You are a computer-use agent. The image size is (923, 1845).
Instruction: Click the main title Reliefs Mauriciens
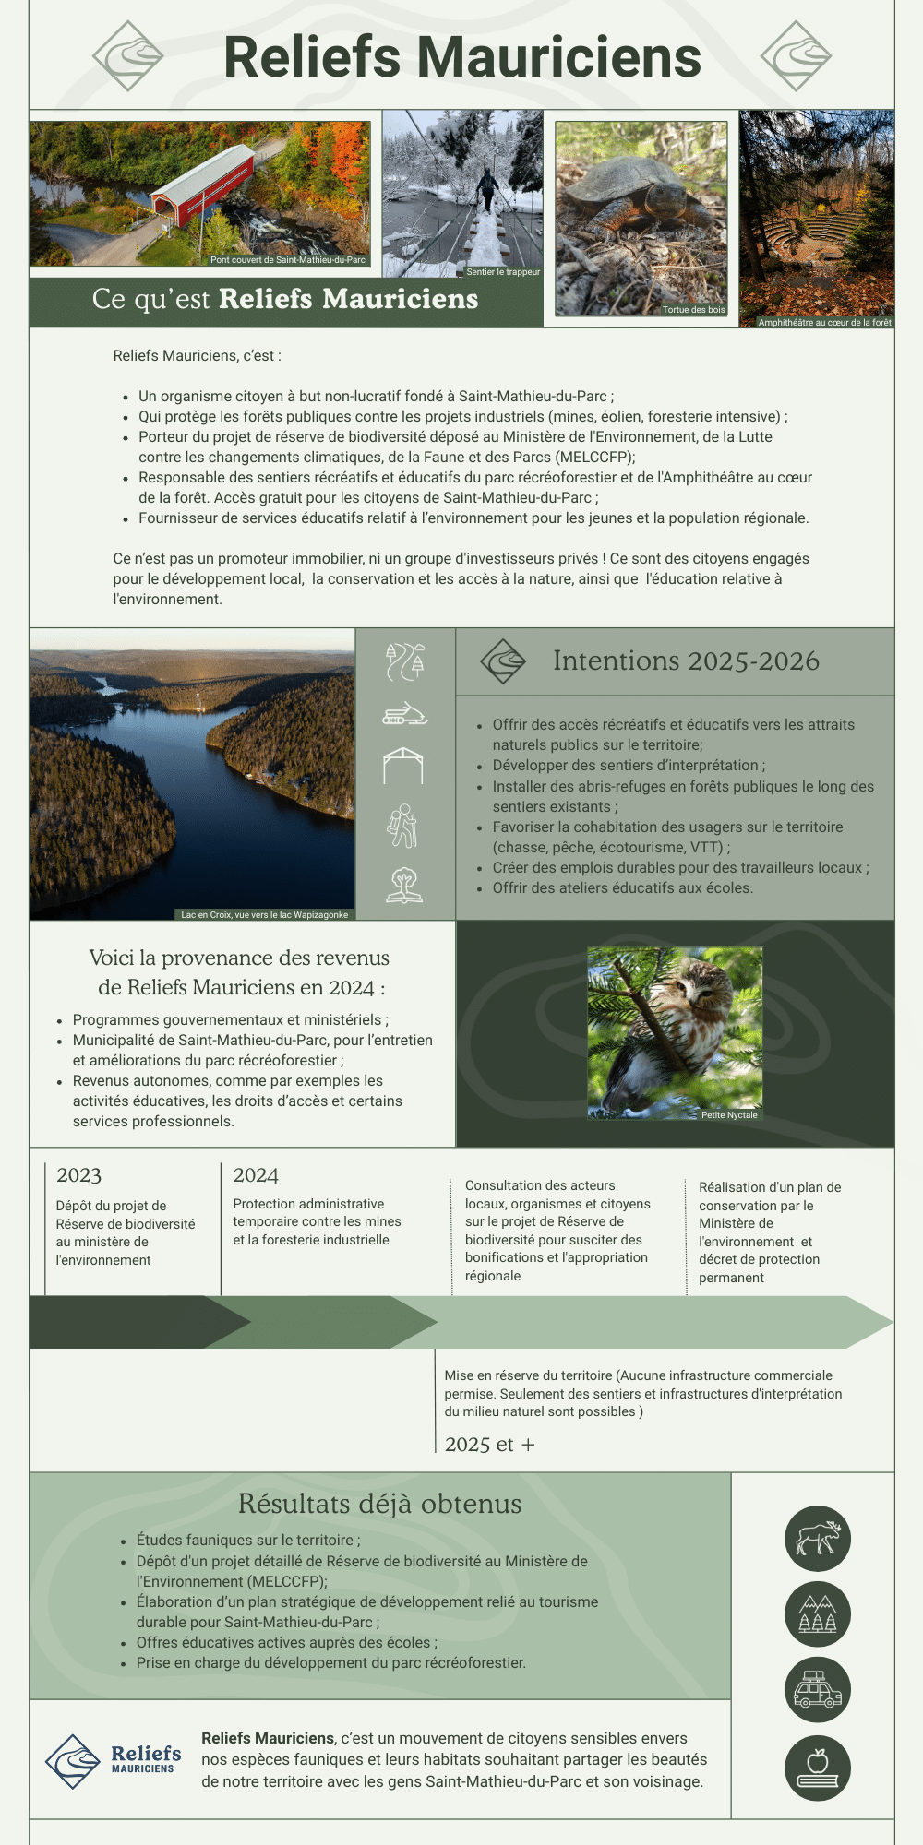point(462,57)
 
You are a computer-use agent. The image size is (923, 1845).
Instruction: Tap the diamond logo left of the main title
point(128,56)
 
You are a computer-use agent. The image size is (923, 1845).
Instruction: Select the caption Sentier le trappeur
point(503,272)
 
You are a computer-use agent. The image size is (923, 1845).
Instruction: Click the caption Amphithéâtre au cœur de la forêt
point(824,323)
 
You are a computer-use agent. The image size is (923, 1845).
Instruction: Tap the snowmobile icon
point(405,715)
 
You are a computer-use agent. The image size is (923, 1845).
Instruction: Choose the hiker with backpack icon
point(403,825)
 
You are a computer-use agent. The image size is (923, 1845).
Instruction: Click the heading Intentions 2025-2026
point(686,661)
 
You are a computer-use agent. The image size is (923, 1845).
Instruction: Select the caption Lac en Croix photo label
point(265,915)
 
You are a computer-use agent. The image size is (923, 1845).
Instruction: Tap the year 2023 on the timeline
point(79,1175)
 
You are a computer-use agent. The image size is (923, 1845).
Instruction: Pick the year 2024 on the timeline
point(256,1175)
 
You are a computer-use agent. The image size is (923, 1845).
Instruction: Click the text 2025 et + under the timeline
point(489,1445)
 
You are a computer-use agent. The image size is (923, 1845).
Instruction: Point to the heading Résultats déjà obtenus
point(379,1505)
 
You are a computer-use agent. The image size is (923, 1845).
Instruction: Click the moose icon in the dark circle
point(818,1539)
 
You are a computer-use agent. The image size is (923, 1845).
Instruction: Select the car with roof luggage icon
point(818,1690)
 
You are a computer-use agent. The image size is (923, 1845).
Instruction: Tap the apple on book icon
point(818,1768)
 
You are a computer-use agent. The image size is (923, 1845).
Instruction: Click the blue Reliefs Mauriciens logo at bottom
point(114,1760)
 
